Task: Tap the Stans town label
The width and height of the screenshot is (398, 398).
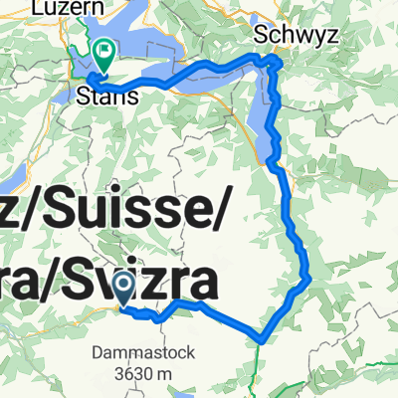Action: (x=99, y=98)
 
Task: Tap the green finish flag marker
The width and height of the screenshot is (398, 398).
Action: (x=104, y=49)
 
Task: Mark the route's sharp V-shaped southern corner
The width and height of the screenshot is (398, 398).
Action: (x=260, y=337)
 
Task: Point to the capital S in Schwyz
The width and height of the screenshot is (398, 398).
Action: (x=263, y=33)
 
